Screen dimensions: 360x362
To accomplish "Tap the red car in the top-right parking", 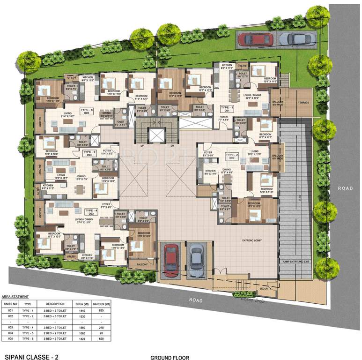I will [x=253, y=39].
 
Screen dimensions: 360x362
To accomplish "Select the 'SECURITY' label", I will [x=265, y=289].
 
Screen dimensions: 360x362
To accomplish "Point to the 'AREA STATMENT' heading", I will [x=15, y=297].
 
